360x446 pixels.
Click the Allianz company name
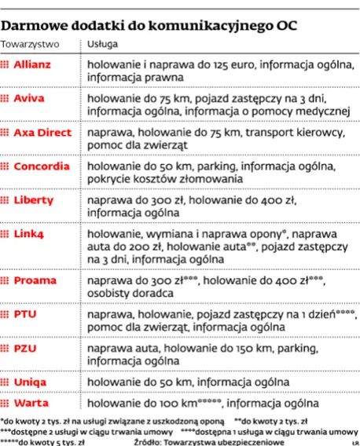[x=36, y=63]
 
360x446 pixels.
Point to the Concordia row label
[x=41, y=167]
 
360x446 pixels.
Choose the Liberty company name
[x=35, y=200]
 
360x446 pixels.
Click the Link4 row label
[x=31, y=234]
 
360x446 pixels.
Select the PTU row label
[x=26, y=313]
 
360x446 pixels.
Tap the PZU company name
[x=26, y=347]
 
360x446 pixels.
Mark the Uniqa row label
[x=30, y=381]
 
